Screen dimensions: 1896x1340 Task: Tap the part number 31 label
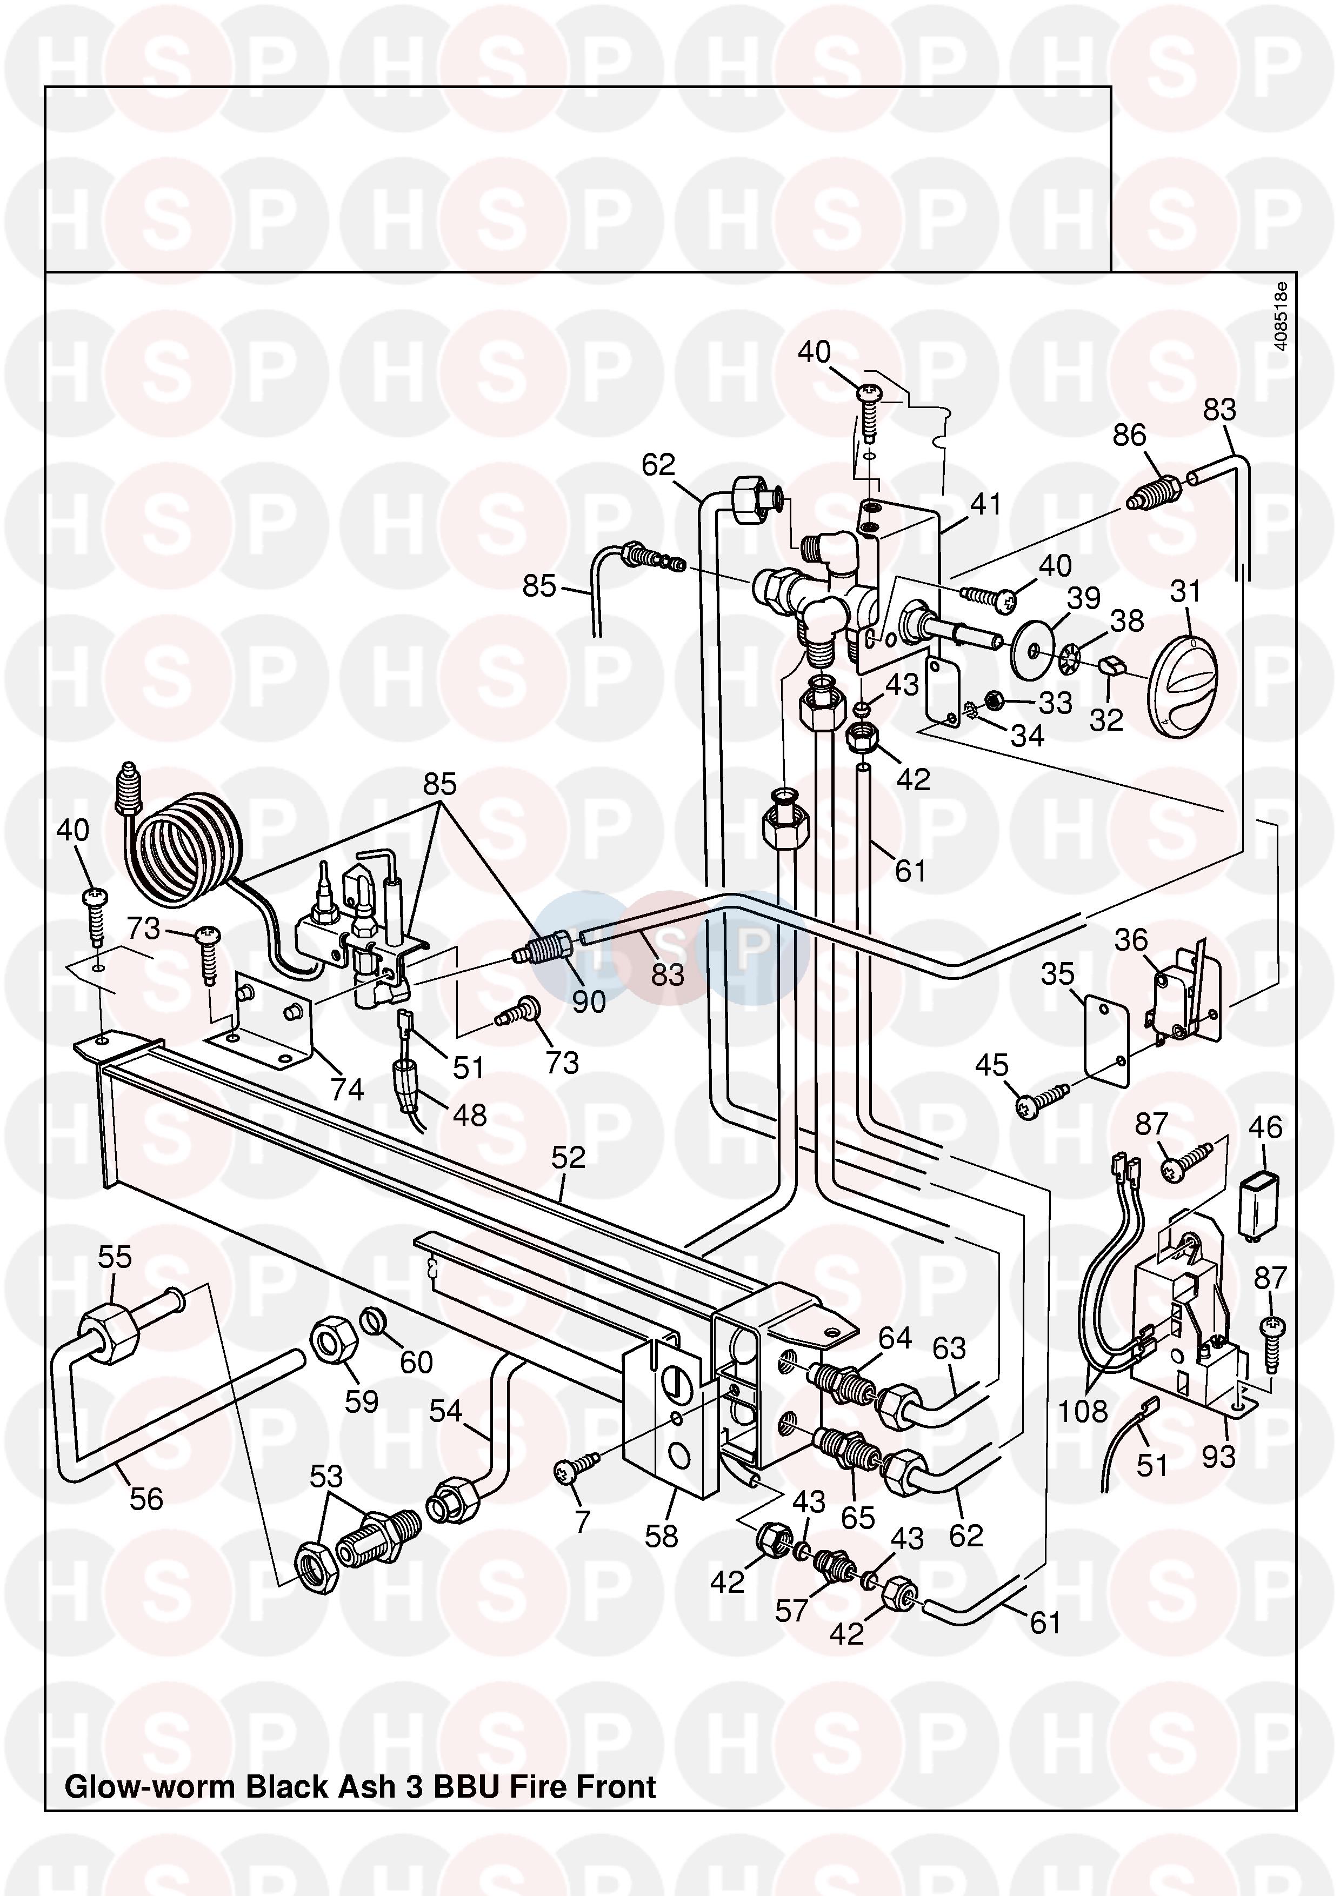[1185, 591]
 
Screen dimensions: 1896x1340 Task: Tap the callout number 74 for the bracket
[347, 1090]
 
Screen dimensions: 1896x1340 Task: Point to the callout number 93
[1218, 1456]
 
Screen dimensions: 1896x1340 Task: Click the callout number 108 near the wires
[1082, 1411]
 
